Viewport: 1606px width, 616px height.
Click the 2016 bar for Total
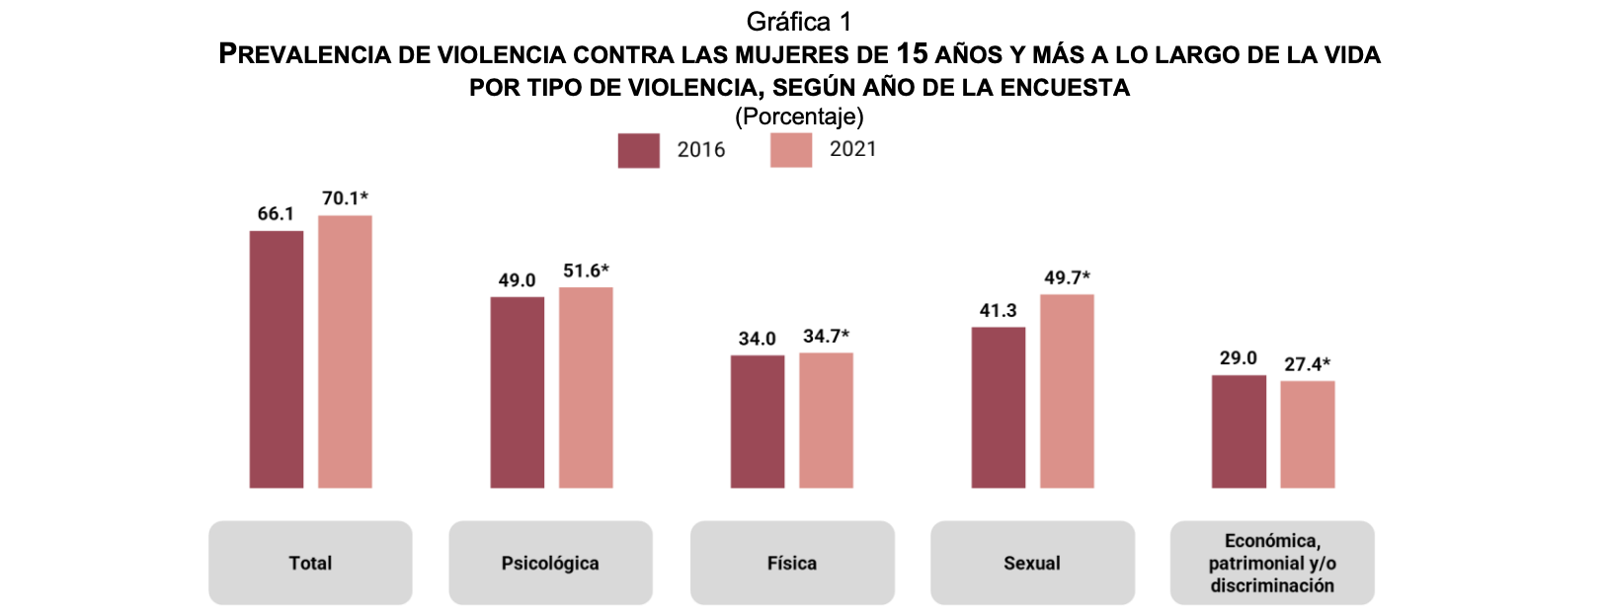[x=277, y=359]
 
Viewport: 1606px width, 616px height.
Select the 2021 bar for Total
[x=345, y=351]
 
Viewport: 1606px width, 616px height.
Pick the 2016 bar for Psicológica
[x=517, y=392]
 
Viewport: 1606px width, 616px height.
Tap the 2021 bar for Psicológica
[x=586, y=387]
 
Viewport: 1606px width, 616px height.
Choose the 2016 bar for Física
[x=758, y=422]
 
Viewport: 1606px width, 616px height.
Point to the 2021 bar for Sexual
[x=1067, y=391]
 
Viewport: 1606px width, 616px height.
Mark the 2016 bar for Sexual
[x=999, y=407]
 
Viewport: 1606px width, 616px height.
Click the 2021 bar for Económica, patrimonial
[x=1308, y=434]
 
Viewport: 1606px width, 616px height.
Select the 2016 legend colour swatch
[x=638, y=150]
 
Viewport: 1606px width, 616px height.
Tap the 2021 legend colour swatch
[x=791, y=150]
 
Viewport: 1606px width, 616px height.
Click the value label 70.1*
[x=345, y=198]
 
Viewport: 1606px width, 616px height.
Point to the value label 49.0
[x=517, y=280]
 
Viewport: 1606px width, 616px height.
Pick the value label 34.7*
[x=826, y=337]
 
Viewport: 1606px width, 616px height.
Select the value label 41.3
[x=998, y=311]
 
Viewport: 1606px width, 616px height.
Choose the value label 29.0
[x=1238, y=358]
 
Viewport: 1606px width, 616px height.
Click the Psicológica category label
[x=550, y=564]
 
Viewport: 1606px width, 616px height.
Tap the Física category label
[x=792, y=564]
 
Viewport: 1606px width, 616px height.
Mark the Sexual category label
[x=1032, y=564]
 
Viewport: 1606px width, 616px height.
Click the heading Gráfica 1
[x=799, y=22]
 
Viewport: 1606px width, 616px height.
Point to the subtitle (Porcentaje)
[x=799, y=116]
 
